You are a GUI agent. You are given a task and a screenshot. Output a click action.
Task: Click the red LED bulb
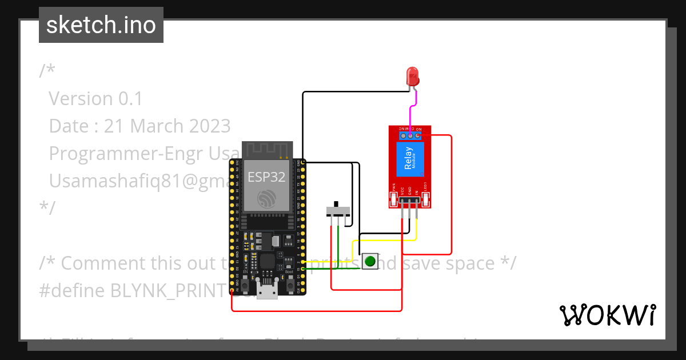click(x=412, y=76)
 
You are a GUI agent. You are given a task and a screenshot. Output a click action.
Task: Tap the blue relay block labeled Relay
click(x=409, y=158)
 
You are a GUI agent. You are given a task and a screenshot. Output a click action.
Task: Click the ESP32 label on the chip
click(x=266, y=177)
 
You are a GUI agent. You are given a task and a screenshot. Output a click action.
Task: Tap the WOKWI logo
click(x=607, y=315)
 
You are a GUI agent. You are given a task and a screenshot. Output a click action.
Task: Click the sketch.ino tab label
click(x=101, y=25)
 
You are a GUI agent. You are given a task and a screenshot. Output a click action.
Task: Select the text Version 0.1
click(x=95, y=99)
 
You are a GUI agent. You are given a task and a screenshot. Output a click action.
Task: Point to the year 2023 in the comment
click(x=209, y=126)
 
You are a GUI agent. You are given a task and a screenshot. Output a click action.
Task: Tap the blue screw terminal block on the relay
click(x=410, y=135)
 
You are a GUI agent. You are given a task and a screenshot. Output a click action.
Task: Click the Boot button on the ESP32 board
click(x=290, y=284)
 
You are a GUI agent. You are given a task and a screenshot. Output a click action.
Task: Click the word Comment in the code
click(x=97, y=263)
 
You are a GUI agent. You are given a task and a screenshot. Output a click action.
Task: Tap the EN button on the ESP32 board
click(x=245, y=284)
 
